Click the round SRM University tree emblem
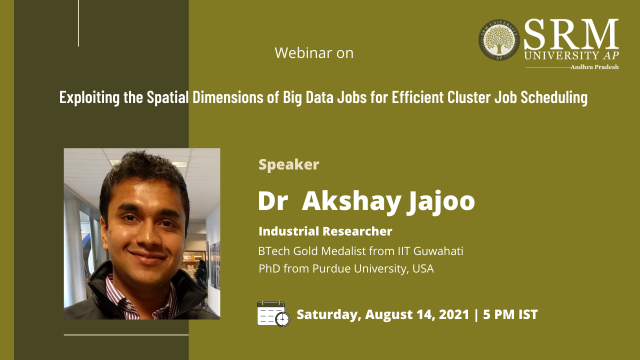click(x=499, y=39)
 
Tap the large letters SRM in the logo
click(x=571, y=34)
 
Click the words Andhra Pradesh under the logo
click(x=594, y=67)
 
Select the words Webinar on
click(x=314, y=53)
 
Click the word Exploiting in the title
click(x=89, y=97)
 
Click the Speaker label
click(x=288, y=164)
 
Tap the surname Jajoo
click(x=441, y=201)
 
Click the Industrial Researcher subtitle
click(x=325, y=231)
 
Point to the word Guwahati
click(x=438, y=251)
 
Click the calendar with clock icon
click(x=273, y=313)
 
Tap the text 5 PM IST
click(x=510, y=314)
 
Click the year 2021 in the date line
click(x=454, y=314)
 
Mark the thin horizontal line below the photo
click(x=126, y=335)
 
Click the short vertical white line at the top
click(x=78, y=23)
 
